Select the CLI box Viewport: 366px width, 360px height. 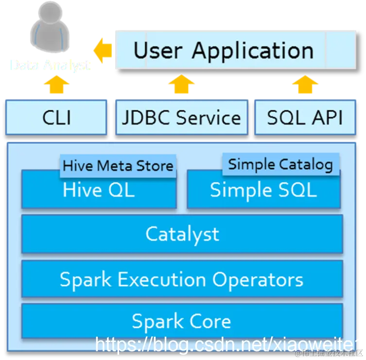56,117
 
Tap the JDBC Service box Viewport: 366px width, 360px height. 181,117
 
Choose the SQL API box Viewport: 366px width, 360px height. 305,117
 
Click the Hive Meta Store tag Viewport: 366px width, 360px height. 118,165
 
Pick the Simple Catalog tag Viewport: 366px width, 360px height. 280,164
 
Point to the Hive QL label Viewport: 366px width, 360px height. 98,190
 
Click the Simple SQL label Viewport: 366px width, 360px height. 263,190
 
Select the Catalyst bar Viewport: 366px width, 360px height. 182,234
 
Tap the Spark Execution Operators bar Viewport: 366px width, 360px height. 182,279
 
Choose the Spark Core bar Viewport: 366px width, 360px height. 182,321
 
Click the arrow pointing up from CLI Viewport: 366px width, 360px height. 56,86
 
